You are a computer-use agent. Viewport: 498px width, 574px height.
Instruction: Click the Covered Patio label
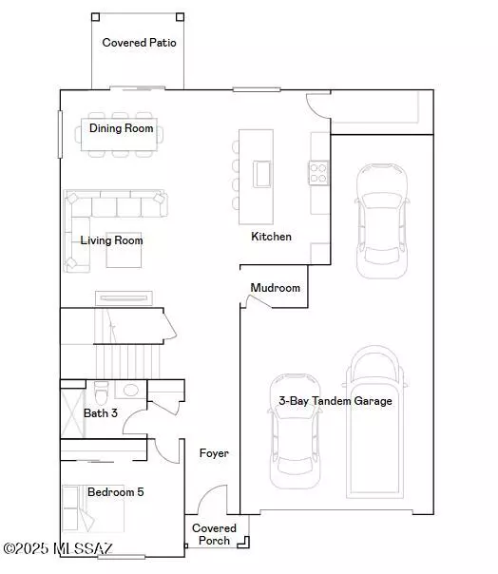coord(139,42)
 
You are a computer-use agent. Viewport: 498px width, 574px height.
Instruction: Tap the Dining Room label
coord(121,127)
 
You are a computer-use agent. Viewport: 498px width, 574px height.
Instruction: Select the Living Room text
coord(111,240)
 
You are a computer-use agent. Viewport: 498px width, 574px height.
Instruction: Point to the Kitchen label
coord(271,236)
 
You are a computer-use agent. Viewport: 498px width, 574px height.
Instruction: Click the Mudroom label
coord(275,288)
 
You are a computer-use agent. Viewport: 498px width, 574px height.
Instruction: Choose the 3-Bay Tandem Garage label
coord(335,401)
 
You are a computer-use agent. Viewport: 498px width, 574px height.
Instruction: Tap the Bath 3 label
coord(101,412)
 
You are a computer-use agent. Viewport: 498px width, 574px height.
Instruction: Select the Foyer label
coord(214,453)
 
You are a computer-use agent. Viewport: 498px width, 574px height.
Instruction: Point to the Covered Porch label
coord(214,534)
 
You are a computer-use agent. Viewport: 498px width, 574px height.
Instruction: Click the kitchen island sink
coord(261,174)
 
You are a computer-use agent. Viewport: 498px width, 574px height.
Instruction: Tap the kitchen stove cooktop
coord(318,172)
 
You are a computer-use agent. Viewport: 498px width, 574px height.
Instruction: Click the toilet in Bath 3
coord(101,390)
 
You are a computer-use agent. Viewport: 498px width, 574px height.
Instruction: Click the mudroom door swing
coord(258,301)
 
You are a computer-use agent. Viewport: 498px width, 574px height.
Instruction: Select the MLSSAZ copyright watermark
coord(58,548)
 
